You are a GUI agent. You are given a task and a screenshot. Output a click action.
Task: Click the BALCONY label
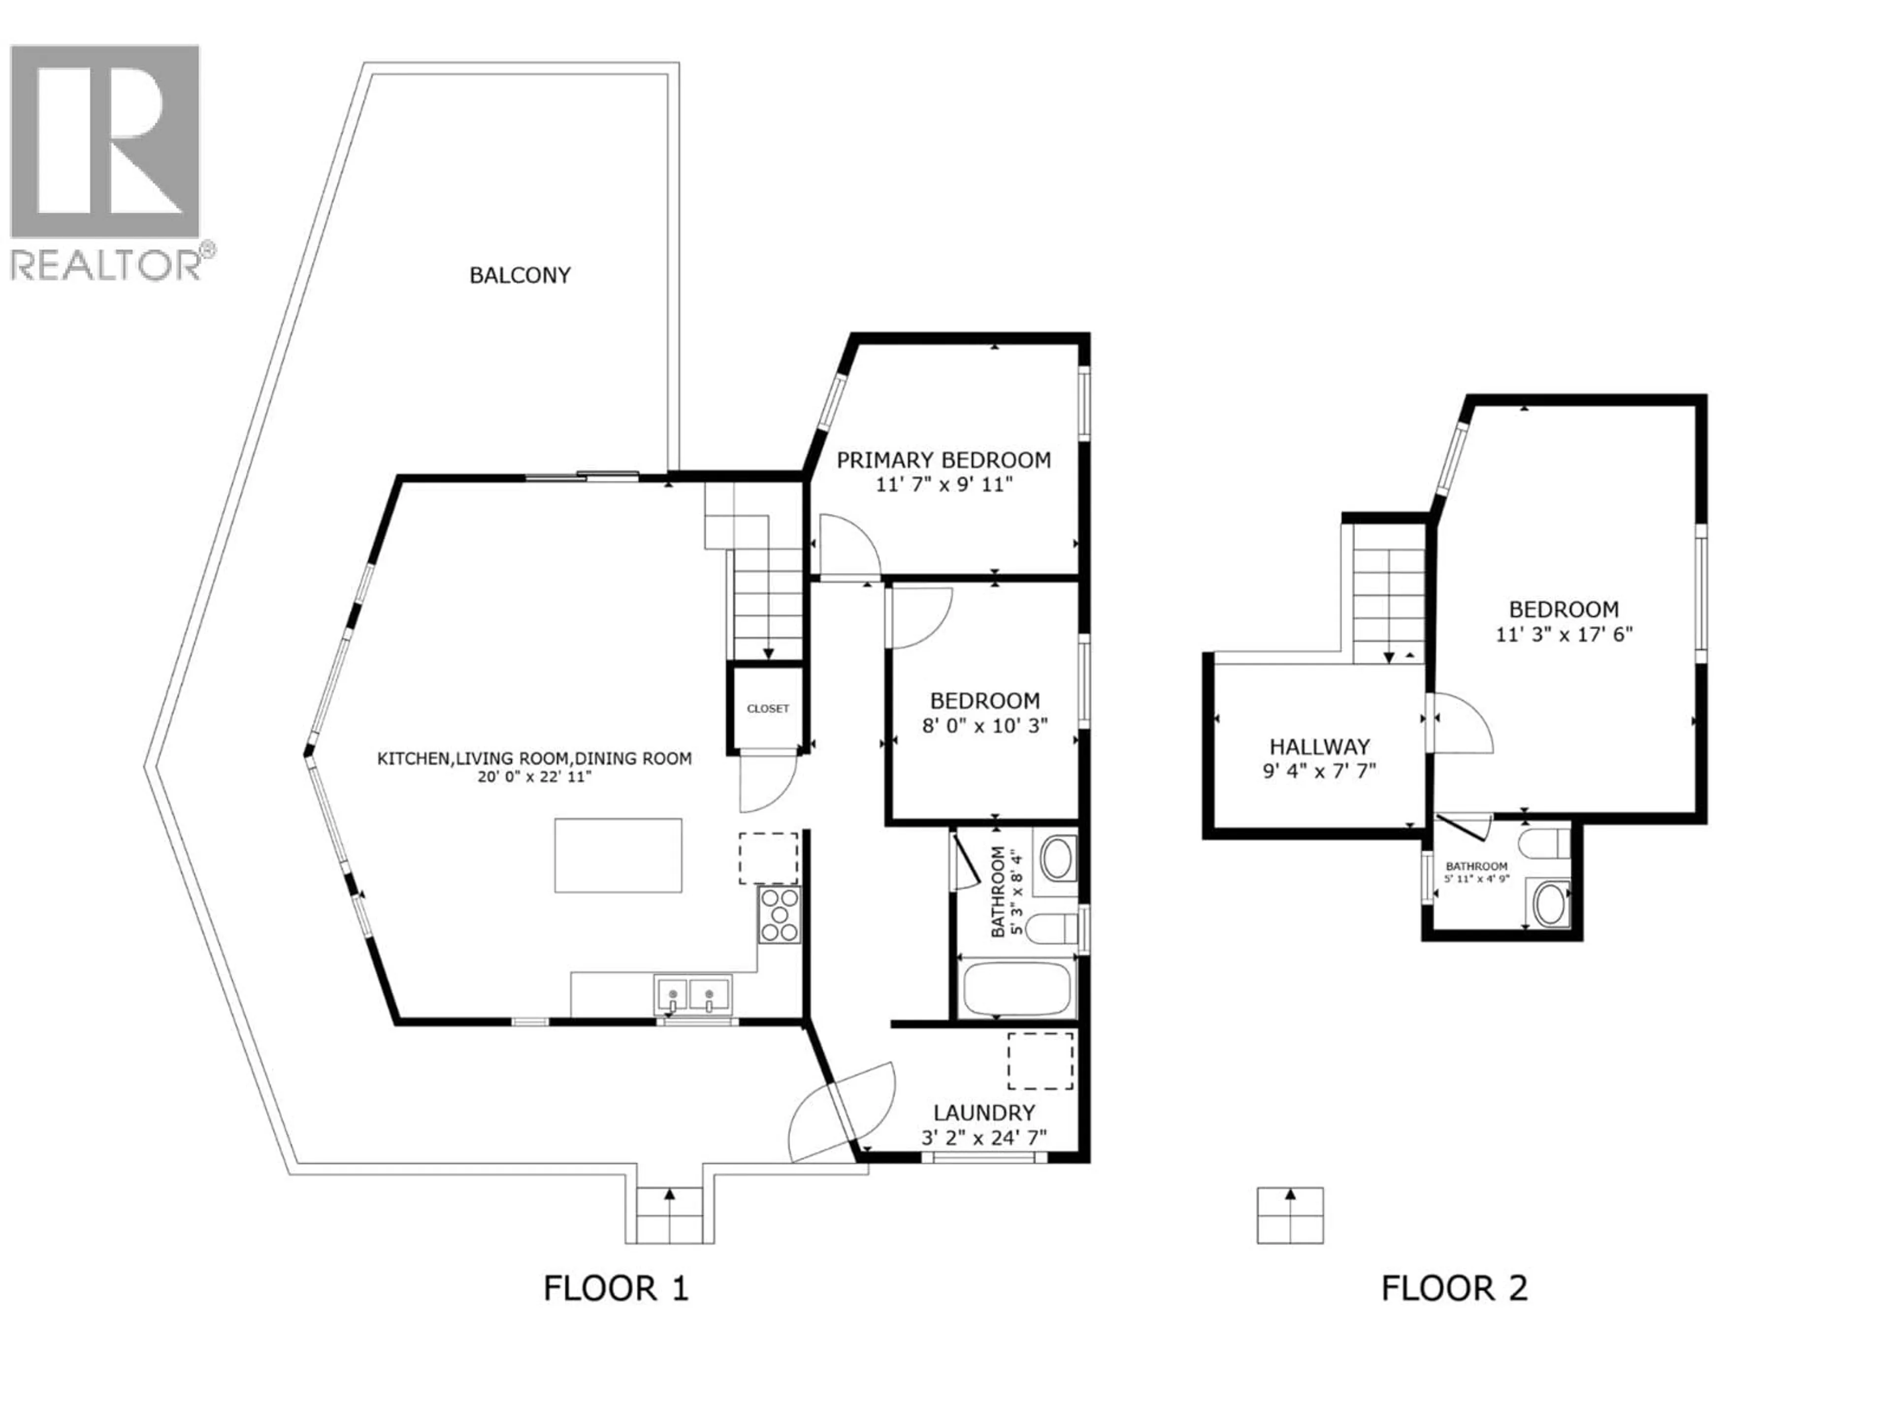click(520, 275)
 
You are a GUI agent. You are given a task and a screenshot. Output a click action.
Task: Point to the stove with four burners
click(779, 915)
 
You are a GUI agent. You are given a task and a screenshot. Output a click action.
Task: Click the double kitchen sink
click(692, 995)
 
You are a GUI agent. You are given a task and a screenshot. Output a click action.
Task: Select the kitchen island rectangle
click(618, 856)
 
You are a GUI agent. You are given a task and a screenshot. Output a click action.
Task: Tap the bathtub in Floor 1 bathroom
click(1015, 989)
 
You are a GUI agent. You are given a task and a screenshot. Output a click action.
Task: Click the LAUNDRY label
click(984, 1113)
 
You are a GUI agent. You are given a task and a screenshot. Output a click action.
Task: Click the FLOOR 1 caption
click(616, 1288)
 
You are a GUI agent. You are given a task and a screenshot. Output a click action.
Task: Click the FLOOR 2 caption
click(1454, 1288)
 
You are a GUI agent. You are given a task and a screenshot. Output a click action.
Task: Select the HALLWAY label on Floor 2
click(1319, 746)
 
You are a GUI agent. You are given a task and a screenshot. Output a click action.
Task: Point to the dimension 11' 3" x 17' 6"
click(1564, 634)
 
